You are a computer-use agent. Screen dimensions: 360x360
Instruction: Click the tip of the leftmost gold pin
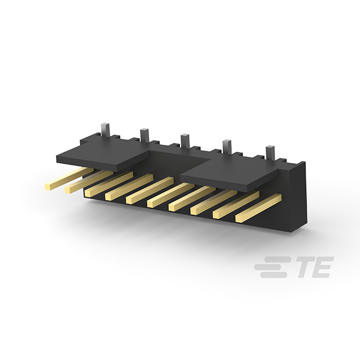pyautogui.click(x=48, y=187)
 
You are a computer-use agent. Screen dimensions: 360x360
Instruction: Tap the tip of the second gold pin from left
pyautogui.click(x=67, y=190)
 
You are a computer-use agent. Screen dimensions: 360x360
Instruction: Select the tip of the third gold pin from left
pyautogui.click(x=88, y=193)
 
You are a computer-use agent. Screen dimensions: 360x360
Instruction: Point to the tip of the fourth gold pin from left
pyautogui.click(x=108, y=197)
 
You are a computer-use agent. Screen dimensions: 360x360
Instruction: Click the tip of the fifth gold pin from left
pyautogui.click(x=129, y=200)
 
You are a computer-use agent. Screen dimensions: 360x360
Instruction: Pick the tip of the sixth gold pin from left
pyautogui.click(x=150, y=204)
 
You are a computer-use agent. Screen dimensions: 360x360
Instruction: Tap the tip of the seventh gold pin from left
pyautogui.click(x=172, y=208)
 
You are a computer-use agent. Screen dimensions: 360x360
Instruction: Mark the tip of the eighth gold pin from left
pyautogui.click(x=193, y=211)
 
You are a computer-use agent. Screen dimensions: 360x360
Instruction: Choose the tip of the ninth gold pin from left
pyautogui.click(x=216, y=215)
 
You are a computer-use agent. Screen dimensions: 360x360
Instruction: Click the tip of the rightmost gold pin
pyautogui.click(x=238, y=219)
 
